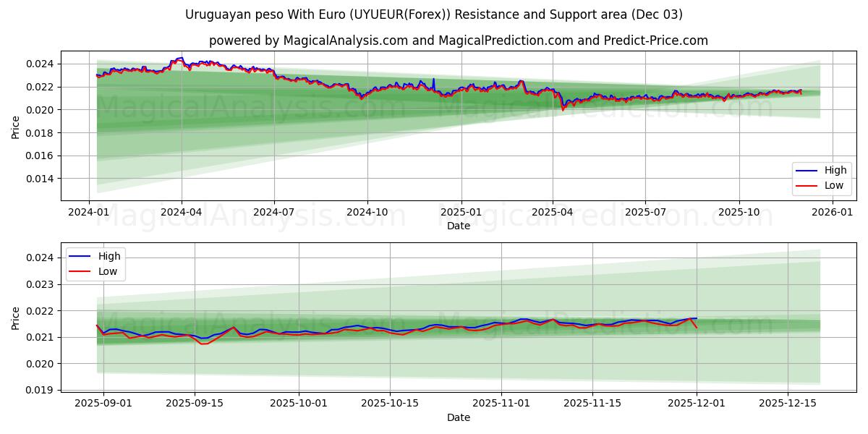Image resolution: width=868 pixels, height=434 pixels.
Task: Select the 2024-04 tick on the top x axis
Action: coord(182,212)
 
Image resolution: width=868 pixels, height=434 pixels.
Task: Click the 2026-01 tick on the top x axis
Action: coord(832,212)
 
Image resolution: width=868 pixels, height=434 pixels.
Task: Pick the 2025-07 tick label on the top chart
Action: coord(645,212)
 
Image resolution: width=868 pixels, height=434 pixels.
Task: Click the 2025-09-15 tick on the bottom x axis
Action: coord(194,404)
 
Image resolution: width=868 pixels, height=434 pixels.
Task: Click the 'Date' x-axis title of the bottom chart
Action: coord(459,417)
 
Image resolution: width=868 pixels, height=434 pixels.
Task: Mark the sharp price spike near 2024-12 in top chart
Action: coord(433,79)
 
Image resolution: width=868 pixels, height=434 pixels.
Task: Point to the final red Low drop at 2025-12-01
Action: coord(697,328)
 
